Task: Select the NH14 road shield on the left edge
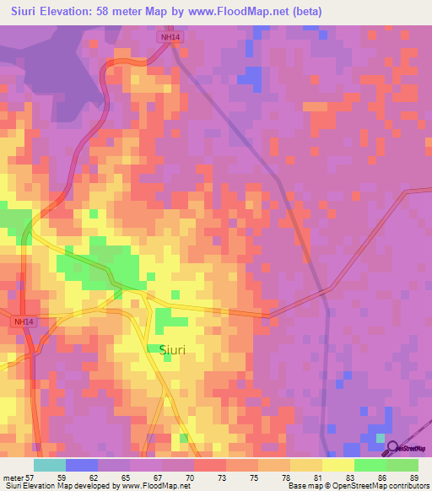coord(24,321)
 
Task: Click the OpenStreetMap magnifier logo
coord(391,446)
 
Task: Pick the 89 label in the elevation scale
coord(413,477)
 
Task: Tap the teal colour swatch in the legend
coord(50,465)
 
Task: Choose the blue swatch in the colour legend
coord(82,465)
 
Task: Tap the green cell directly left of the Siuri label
coord(154,348)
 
